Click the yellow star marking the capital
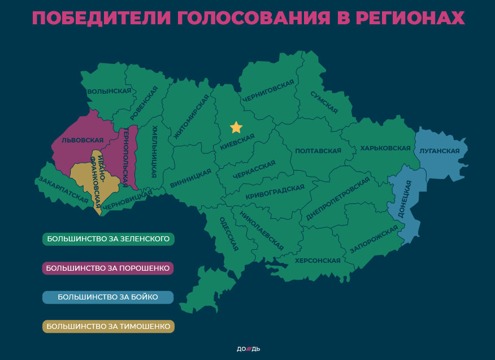[x=236, y=127]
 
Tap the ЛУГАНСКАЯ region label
[x=440, y=151]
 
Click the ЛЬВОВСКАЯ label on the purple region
[x=82, y=140]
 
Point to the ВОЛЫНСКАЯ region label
[x=105, y=91]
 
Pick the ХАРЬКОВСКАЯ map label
[x=385, y=148]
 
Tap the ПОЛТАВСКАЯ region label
[x=318, y=151]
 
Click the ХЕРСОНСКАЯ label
[x=318, y=261]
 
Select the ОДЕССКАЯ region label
[x=229, y=234]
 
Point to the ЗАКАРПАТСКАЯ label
[x=63, y=190]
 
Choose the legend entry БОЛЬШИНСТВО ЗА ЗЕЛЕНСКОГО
[x=108, y=239]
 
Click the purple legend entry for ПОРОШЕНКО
[x=108, y=268]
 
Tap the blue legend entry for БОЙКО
[x=108, y=297]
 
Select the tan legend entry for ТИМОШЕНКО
[x=108, y=327]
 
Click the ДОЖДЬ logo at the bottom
[x=248, y=349]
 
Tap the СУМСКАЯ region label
[x=324, y=102]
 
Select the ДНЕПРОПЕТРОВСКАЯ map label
[x=338, y=199]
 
